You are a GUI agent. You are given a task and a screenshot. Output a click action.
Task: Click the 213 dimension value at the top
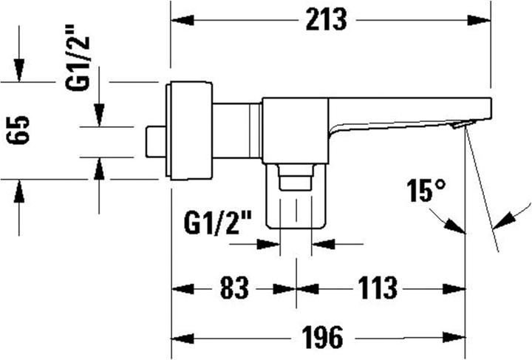point(324,20)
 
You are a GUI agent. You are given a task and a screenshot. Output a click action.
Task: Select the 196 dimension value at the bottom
point(322,338)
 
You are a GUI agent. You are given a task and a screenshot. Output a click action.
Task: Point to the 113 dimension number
point(380,288)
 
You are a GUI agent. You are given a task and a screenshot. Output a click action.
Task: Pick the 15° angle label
point(426,193)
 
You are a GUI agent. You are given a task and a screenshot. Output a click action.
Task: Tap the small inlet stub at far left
point(156,141)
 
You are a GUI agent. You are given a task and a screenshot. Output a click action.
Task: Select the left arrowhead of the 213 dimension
point(182,21)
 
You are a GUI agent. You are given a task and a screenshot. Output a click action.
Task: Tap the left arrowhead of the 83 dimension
point(182,288)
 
